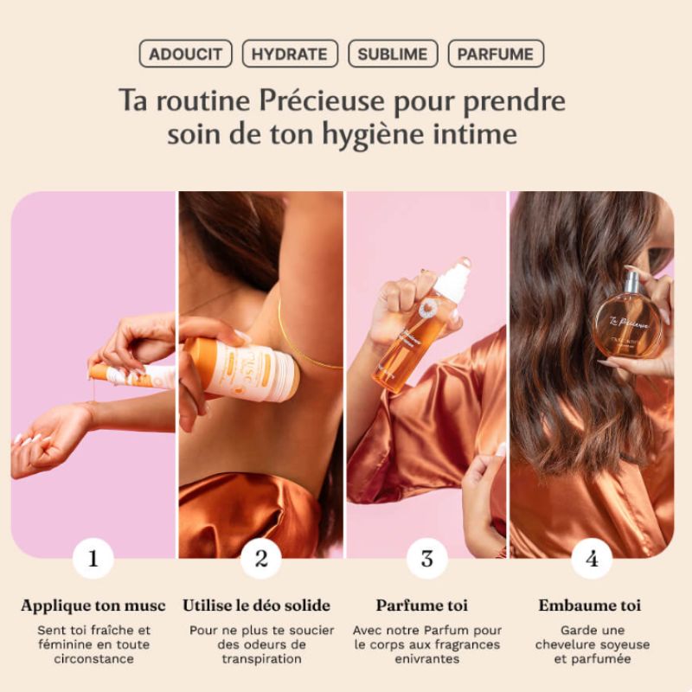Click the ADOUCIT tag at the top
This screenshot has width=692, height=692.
tap(185, 54)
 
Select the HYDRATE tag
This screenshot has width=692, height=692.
tap(290, 54)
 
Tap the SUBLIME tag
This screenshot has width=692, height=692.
tap(393, 54)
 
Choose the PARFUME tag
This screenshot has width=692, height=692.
tap(496, 54)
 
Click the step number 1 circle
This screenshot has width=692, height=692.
tap(93, 558)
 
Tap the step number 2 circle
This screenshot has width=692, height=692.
tap(260, 558)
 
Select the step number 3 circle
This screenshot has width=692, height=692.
tap(426, 558)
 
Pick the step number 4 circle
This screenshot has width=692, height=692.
tap(592, 558)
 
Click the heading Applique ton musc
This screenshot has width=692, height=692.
tap(93, 605)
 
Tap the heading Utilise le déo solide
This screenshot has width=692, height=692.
tap(257, 605)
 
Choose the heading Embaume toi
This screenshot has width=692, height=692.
tap(590, 605)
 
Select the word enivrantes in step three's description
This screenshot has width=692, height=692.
tap(426, 659)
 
